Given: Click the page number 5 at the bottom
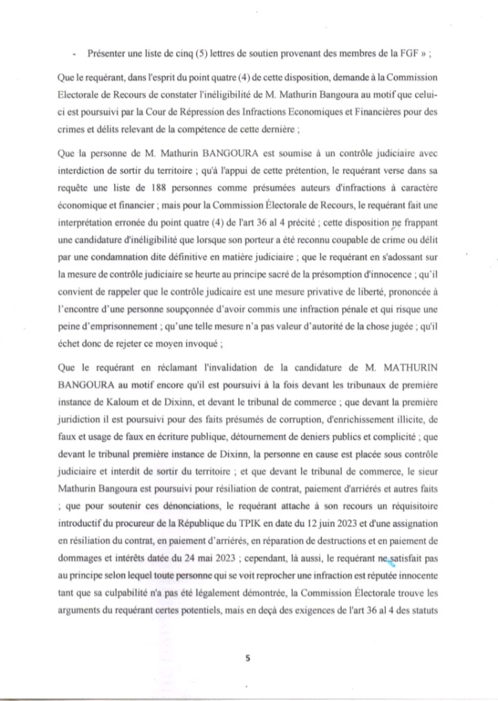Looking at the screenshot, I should click(x=248, y=658).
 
